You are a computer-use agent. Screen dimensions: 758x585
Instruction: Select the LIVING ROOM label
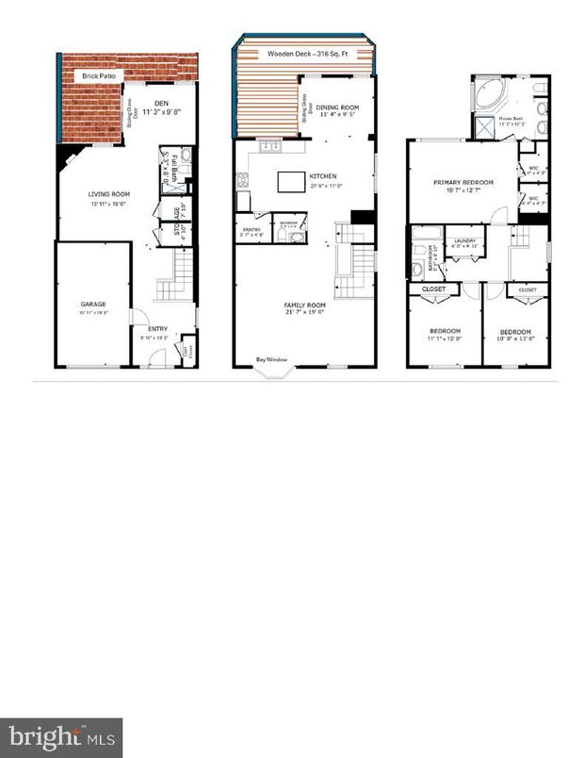click(109, 194)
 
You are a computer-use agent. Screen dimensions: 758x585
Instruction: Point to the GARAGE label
click(92, 304)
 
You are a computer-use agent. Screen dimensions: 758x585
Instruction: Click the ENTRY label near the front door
click(157, 329)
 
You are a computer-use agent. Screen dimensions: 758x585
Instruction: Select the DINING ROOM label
click(336, 108)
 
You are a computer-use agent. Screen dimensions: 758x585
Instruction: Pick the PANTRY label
click(251, 227)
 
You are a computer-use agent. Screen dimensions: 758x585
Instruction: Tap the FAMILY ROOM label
click(304, 305)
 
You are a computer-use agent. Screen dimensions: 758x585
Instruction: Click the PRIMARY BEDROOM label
click(462, 183)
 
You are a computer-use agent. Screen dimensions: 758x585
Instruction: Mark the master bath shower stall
click(484, 125)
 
